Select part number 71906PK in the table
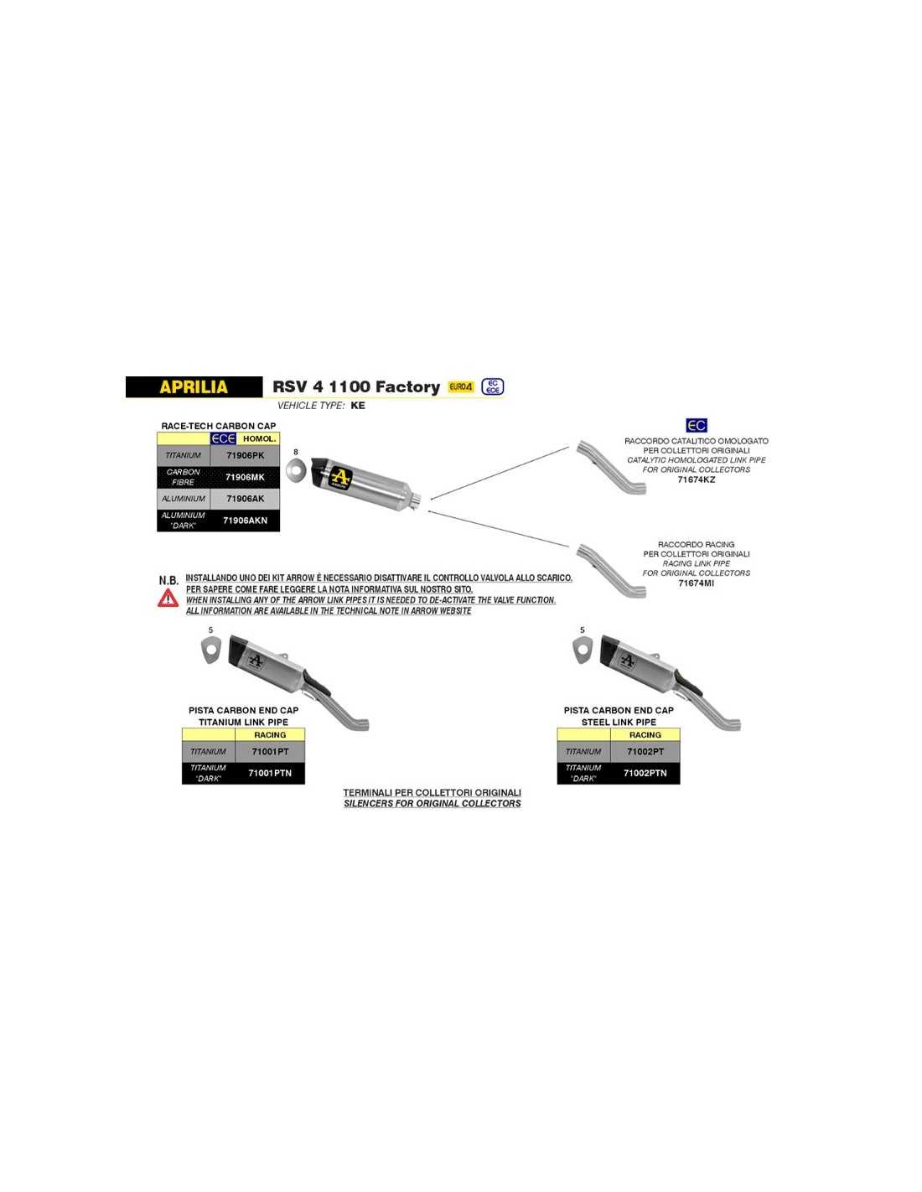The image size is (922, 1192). [246, 455]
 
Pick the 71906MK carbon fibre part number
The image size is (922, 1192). [246, 477]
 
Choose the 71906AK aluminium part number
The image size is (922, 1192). [246, 499]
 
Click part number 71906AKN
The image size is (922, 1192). [246, 520]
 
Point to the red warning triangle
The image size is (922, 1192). [168, 598]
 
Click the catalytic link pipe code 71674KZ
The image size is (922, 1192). [696, 479]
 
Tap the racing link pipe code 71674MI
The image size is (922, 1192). [696, 583]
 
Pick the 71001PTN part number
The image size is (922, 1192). [270, 773]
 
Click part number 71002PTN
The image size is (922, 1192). [645, 773]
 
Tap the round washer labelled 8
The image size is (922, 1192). [290, 470]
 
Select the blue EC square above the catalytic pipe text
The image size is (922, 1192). [697, 425]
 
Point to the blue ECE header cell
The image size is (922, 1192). [223, 439]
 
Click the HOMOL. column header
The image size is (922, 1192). [259, 439]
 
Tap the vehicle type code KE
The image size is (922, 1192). [358, 406]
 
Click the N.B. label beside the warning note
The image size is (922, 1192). [168, 580]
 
